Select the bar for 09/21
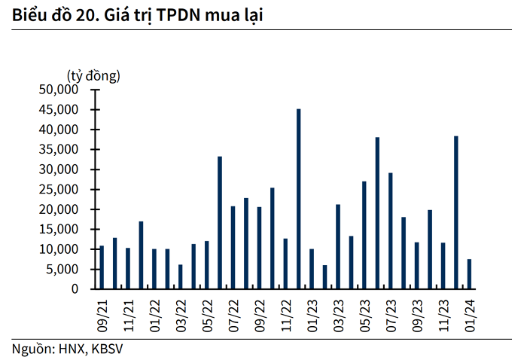(102, 267)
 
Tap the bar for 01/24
(469, 274)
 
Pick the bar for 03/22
(181, 276)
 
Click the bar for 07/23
(391, 231)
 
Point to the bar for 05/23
(364, 235)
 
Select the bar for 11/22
(285, 264)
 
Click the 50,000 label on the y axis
(59, 90)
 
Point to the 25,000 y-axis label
(59, 190)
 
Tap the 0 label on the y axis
(75, 289)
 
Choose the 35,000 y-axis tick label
(59, 150)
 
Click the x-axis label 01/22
(154, 316)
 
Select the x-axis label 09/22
(260, 316)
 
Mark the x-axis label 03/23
(338, 316)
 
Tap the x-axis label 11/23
(443, 316)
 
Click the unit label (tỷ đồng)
(93, 76)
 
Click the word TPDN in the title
(178, 15)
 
